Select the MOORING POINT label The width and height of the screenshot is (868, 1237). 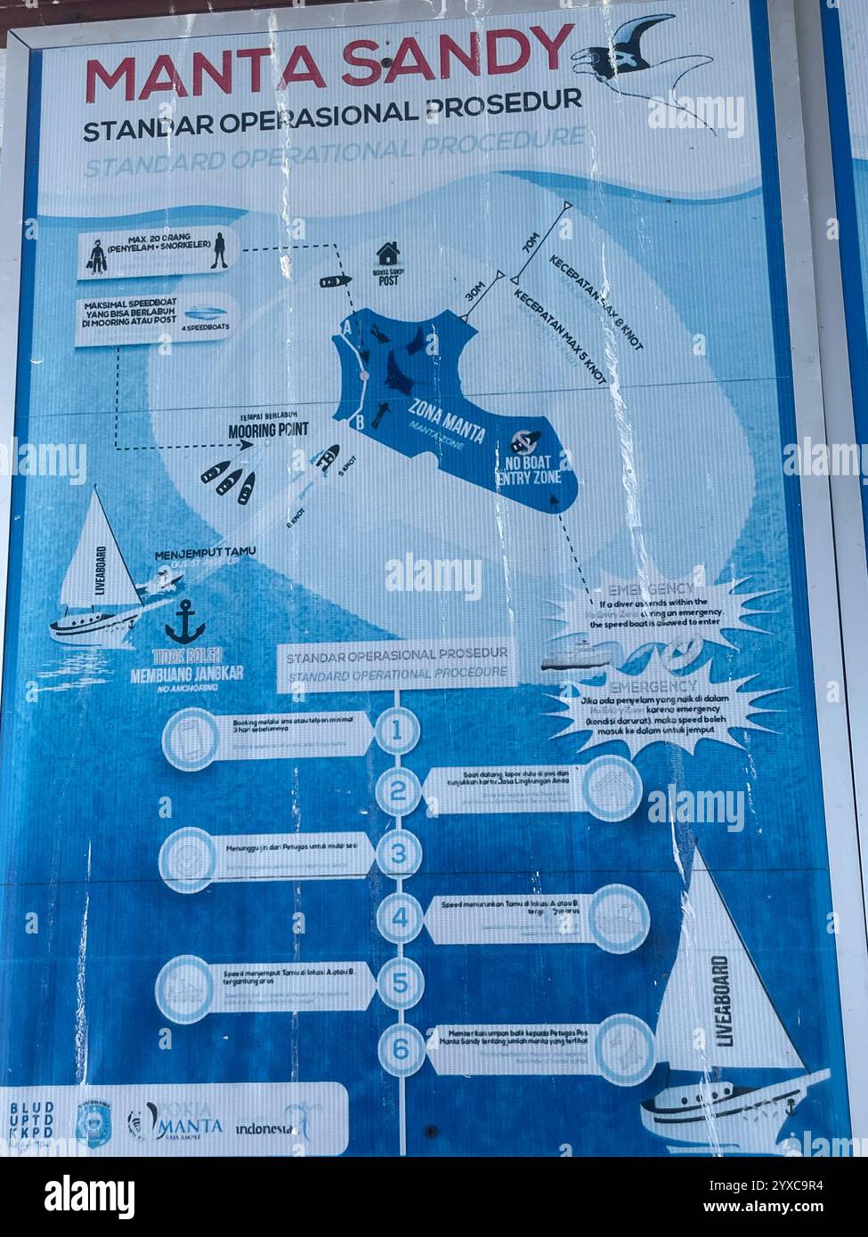[x=268, y=431]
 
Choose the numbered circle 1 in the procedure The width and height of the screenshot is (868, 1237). [x=398, y=731]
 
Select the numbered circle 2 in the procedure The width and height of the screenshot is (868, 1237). [x=398, y=789]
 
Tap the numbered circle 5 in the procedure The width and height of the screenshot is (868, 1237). [x=399, y=983]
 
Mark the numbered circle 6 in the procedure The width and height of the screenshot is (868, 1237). [x=400, y=1048]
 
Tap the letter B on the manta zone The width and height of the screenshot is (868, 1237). [x=358, y=424]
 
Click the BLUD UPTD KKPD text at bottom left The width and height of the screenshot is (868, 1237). [x=31, y=1120]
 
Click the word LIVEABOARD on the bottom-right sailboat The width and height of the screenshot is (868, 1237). [x=722, y=1000]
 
